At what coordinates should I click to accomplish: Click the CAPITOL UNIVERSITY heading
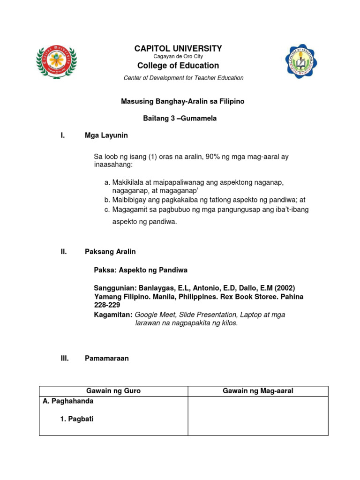point(178,48)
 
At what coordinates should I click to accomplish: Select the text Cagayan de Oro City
point(178,57)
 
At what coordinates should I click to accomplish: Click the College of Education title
point(178,66)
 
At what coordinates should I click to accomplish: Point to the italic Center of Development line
point(183,78)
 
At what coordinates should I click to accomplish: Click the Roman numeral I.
point(62,135)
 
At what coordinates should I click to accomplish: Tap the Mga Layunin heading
point(106,135)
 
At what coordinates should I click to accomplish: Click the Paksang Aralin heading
point(110,252)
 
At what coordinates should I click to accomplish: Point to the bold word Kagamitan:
point(113,315)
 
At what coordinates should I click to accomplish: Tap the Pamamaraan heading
point(106,359)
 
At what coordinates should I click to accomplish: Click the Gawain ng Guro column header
point(113,391)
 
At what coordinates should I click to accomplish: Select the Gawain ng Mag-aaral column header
point(258,391)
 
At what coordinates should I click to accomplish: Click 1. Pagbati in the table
point(77,419)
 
